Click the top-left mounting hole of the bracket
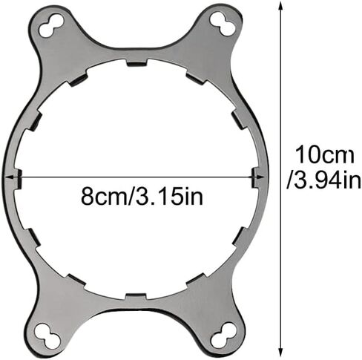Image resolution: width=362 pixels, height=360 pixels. coord(51,26)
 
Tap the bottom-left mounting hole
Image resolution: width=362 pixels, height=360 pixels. coord(47,335)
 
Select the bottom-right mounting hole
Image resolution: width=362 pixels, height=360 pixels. coord(223,335)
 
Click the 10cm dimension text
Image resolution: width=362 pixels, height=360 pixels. coord(325,155)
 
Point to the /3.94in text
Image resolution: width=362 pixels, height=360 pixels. coord(324,181)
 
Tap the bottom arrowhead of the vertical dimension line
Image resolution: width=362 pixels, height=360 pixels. coord(280,352)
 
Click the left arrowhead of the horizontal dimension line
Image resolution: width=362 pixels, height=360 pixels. coord(10,177)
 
